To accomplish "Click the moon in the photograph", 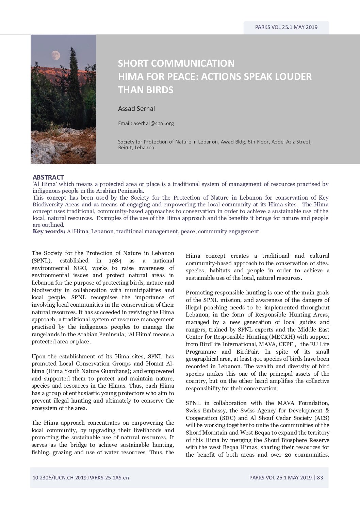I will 55,55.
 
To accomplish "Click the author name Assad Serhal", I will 136,109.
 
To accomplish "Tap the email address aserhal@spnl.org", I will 153,123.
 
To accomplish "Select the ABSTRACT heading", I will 48,177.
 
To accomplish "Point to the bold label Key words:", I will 49,232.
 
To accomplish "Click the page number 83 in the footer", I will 320,477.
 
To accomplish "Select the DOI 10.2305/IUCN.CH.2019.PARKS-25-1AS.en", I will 81,477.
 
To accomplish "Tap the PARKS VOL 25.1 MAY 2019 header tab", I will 286,27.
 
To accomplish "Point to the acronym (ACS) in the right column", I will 321,418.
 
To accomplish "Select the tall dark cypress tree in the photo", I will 75,82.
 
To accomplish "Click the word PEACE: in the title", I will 182,77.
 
